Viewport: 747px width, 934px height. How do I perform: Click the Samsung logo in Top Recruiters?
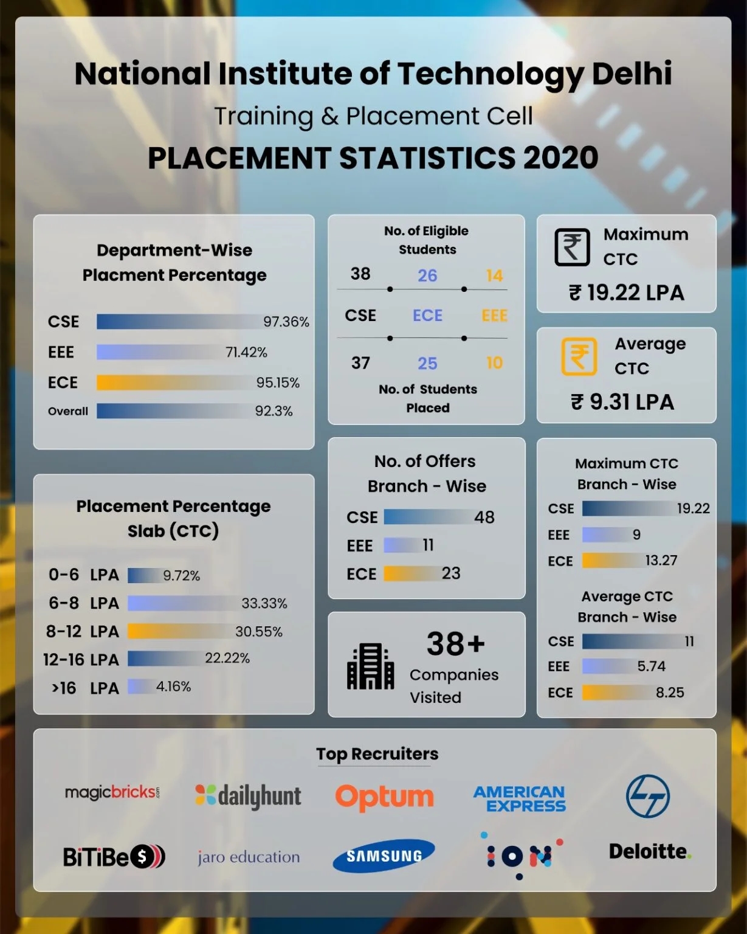[384, 856]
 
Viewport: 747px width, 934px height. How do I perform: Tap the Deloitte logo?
[650, 851]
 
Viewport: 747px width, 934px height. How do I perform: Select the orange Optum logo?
[384, 797]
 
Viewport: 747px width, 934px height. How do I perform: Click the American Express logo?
[520, 798]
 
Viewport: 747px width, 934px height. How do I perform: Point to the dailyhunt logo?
[248, 796]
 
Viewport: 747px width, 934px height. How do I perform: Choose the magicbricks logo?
[112, 792]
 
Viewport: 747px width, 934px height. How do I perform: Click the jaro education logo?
[248, 857]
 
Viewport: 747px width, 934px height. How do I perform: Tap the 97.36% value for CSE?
[286, 322]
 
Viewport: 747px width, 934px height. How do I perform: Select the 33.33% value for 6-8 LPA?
[264, 603]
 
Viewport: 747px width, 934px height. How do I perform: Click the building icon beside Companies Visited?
[370, 666]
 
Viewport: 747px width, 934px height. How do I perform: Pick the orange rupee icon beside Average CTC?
[579, 356]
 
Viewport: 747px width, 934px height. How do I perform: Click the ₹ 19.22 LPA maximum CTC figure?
[626, 292]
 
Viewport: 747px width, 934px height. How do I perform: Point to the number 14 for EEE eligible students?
[494, 275]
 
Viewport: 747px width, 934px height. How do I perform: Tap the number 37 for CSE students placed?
[360, 363]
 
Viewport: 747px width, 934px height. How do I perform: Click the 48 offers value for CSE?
[484, 517]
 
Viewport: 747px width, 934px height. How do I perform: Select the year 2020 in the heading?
[560, 158]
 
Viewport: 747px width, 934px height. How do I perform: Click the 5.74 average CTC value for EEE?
[651, 666]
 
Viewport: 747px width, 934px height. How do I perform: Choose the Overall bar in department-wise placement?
[173, 411]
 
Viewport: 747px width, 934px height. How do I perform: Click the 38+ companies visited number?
[455, 643]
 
